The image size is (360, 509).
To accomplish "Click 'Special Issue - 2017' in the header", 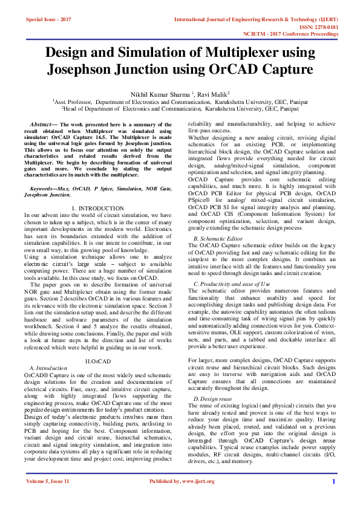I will [48, 19].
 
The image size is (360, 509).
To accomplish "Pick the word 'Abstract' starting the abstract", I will [41, 123].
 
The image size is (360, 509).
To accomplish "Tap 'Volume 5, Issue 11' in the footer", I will [47, 499].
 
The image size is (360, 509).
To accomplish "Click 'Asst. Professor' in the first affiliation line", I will [74, 103].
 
